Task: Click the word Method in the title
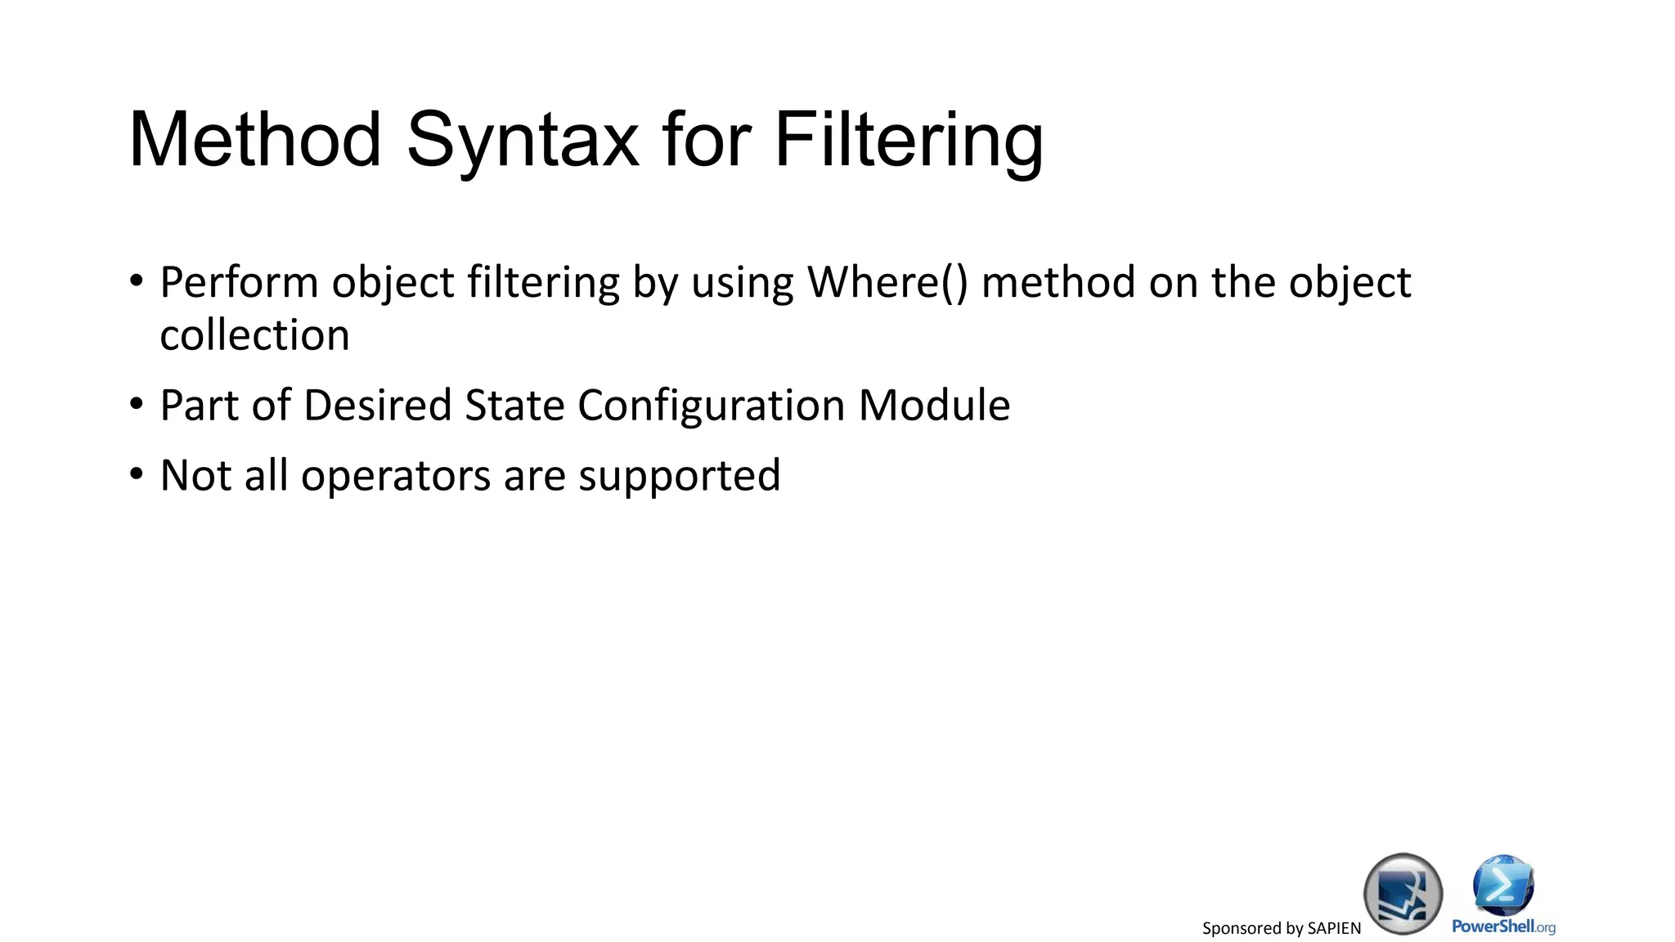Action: tap(255, 141)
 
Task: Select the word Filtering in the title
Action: tap(908, 141)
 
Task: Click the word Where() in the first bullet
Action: tap(887, 283)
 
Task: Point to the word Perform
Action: tap(239, 283)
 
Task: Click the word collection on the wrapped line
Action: tap(254, 335)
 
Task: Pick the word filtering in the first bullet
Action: tap(543, 283)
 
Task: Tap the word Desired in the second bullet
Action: tap(377, 406)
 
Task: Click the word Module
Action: tap(934, 406)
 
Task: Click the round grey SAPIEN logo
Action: tap(1403, 894)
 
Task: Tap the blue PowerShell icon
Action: tap(1503, 885)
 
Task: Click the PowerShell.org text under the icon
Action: tap(1503, 926)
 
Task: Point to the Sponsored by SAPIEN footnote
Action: tap(1281, 928)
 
